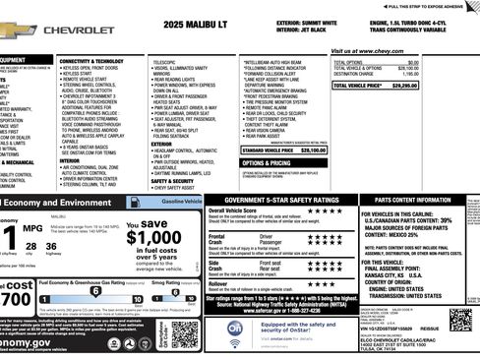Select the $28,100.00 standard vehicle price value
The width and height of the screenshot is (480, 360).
coord(310,150)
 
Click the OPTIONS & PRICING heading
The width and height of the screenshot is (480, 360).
coord(266,163)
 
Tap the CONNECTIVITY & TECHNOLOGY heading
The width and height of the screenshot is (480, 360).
coord(105,61)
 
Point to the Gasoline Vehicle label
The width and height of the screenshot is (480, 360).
coord(182,201)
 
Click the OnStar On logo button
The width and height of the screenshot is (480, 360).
coord(234,330)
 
